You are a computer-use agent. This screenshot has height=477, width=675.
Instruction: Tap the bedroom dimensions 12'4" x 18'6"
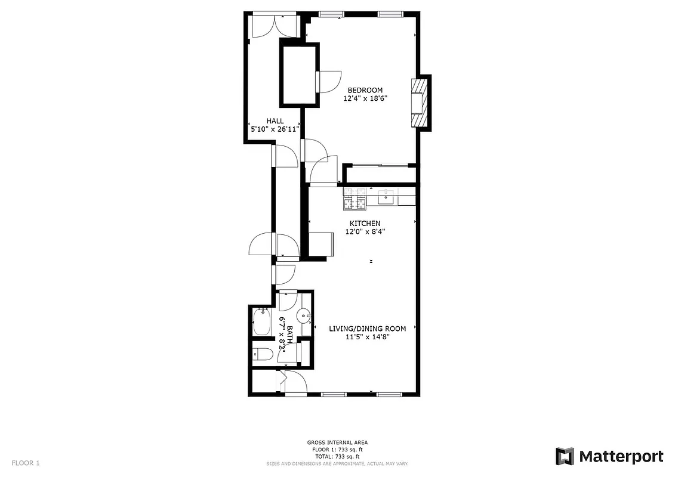[365, 99]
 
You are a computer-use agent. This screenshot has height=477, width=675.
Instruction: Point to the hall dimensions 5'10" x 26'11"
[274, 129]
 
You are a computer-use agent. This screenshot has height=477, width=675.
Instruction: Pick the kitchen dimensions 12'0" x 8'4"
[365, 232]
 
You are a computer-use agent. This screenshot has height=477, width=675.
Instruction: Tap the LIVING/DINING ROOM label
[368, 329]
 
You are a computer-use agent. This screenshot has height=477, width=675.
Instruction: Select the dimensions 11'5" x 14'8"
[368, 337]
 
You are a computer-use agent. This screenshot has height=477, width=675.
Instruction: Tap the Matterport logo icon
[565, 456]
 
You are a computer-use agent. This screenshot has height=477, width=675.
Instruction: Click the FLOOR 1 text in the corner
[26, 463]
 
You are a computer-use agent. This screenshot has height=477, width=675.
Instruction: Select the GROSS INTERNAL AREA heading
[337, 442]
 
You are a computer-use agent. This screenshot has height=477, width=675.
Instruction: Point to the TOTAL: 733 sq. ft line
[337, 456]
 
